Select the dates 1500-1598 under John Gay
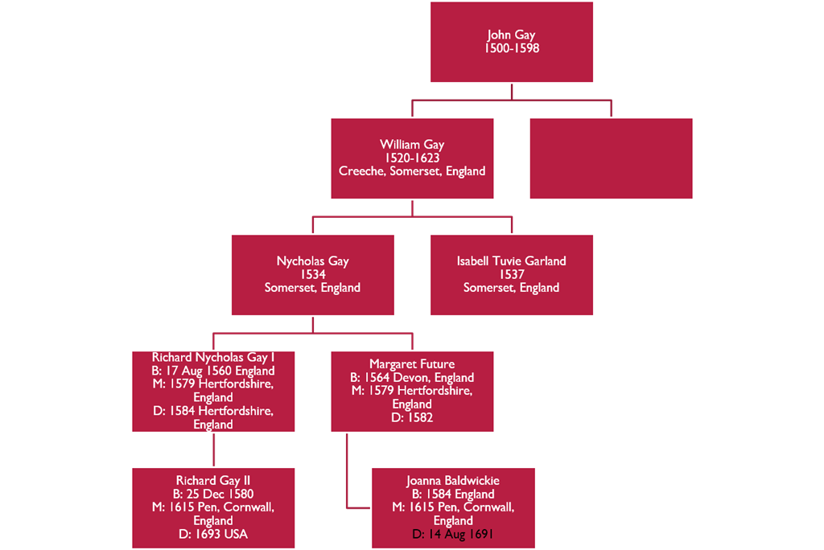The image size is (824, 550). click(512, 48)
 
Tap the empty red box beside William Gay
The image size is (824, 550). click(611, 158)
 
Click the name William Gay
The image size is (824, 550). click(412, 145)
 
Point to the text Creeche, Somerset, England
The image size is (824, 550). click(412, 171)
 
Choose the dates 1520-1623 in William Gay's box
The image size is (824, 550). click(412, 158)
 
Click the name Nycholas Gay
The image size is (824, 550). click(313, 261)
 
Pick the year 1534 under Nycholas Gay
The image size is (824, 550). click(313, 275)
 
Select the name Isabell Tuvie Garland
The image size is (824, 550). click(512, 261)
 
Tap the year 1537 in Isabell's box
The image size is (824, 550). click(512, 275)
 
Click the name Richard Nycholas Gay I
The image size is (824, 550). click(213, 357)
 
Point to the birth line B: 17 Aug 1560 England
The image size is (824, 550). click(213, 371)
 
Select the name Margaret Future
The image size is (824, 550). click(412, 364)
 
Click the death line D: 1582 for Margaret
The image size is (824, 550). click(412, 418)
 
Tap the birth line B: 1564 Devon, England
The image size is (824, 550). click(412, 378)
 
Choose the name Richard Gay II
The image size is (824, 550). click(213, 481)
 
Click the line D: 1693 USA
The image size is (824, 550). click(213, 534)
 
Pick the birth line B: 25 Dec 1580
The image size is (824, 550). click(213, 495)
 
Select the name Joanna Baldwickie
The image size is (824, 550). click(453, 481)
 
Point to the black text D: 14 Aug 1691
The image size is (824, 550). click(453, 534)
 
